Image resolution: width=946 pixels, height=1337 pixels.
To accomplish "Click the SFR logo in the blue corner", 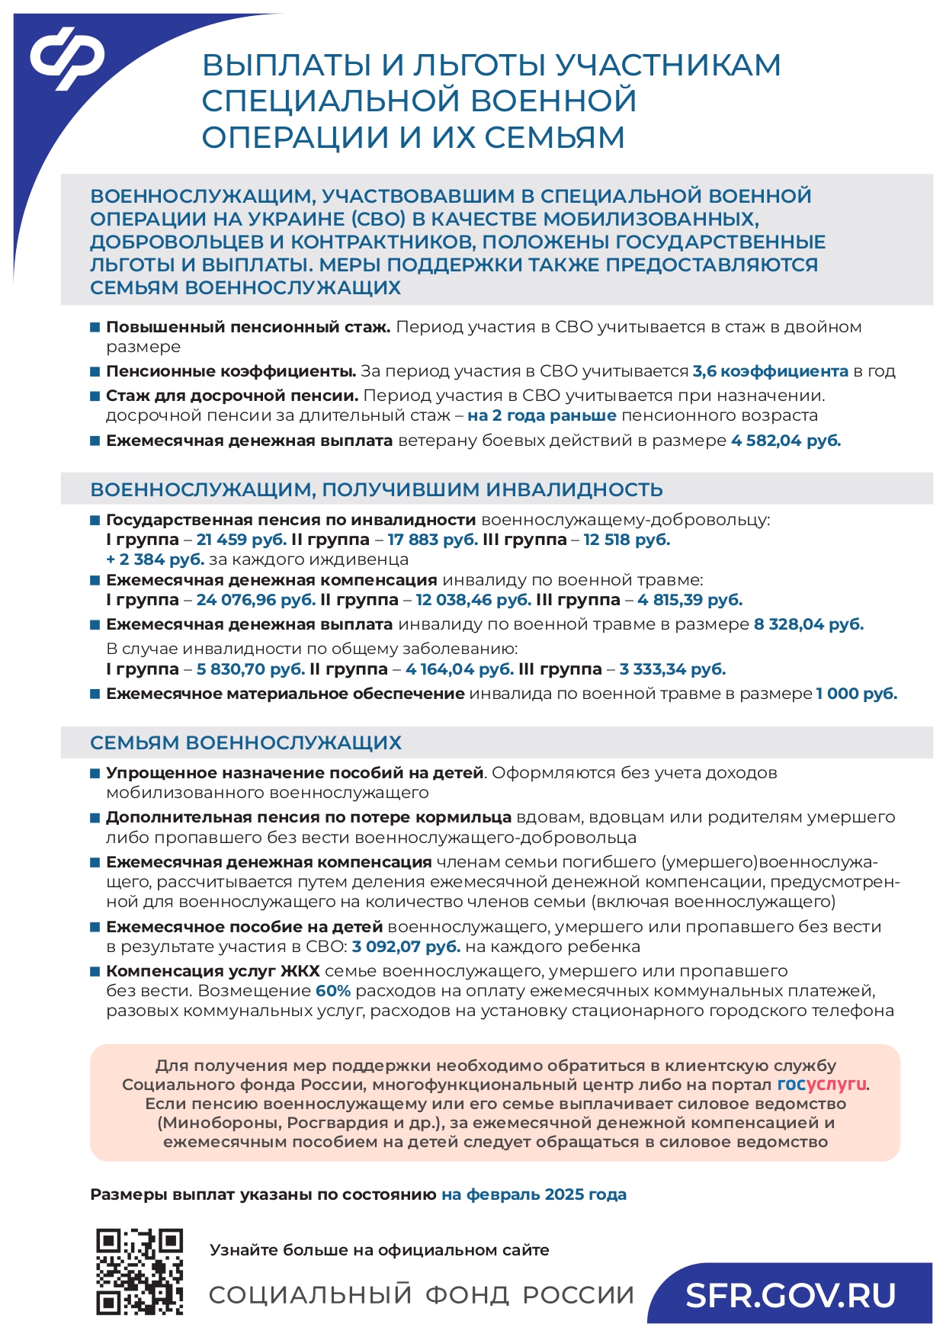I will [67, 58].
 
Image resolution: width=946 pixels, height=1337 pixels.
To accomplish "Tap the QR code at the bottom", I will [139, 1271].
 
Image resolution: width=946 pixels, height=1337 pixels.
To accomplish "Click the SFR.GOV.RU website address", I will [790, 1295].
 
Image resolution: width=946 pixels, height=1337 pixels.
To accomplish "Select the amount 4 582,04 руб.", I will [786, 441].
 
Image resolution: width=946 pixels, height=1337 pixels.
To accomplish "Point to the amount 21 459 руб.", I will [241, 540].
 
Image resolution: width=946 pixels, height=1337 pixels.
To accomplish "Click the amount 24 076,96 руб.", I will [255, 600].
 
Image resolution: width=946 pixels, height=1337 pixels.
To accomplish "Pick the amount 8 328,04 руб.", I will [809, 624].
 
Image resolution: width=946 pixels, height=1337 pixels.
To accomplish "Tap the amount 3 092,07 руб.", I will [406, 947].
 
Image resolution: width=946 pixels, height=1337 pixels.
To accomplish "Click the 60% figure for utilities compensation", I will [333, 991].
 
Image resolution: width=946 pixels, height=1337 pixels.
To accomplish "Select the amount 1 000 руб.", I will [857, 694].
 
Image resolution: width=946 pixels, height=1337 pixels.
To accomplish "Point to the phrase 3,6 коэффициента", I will [770, 371].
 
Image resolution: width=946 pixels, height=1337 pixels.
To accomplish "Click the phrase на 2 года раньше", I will [541, 415].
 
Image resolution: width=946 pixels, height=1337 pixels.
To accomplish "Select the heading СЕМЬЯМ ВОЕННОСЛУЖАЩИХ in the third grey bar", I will [245, 742].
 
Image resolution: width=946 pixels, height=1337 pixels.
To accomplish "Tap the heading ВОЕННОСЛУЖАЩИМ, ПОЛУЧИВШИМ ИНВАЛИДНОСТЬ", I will [377, 489].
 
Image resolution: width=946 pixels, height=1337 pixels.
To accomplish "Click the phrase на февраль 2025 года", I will [534, 1194].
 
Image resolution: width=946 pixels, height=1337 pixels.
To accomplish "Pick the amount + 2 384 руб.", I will [155, 559].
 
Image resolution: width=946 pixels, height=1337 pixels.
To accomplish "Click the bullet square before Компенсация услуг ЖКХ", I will [95, 971].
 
